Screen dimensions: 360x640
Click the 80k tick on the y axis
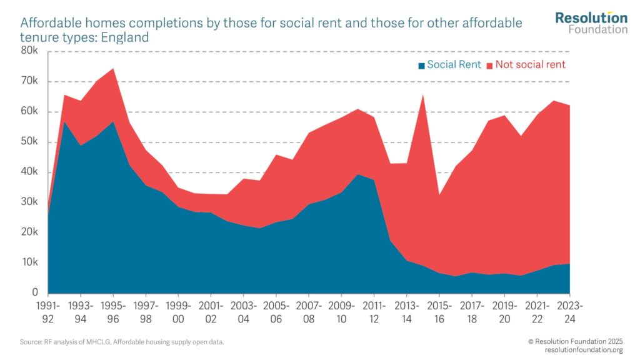coord(29,51)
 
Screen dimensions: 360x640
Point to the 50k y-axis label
coord(29,142)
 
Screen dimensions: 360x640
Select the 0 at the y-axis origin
coord(35,292)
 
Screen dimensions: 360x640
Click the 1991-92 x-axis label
coord(48,312)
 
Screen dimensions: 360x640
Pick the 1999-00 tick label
coord(178,312)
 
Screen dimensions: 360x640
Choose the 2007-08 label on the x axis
coord(309,312)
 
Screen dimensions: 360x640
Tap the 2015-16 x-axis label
coord(439,312)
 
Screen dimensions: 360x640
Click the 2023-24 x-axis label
coord(569,312)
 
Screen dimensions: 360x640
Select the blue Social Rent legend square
coord(422,66)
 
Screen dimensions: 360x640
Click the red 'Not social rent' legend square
coord(490,66)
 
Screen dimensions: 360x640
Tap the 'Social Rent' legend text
coord(454,65)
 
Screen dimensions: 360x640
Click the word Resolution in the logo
coord(591,17)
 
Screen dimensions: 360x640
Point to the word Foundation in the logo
coord(598,29)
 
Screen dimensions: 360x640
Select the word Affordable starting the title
coord(51,23)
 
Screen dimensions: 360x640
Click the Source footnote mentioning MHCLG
coord(122,342)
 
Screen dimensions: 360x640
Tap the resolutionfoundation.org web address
coord(575,349)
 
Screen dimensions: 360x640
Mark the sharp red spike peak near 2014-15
coord(423,96)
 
